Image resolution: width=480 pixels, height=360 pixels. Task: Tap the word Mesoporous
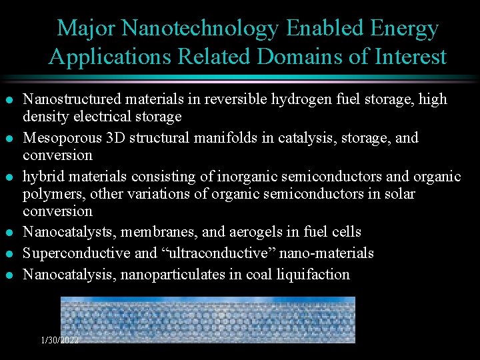coord(58,138)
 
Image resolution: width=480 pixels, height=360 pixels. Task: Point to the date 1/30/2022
coord(60,339)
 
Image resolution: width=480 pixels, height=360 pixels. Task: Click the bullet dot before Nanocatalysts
coord(8,233)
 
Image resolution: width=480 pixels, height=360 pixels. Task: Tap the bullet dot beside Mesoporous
coord(8,139)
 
